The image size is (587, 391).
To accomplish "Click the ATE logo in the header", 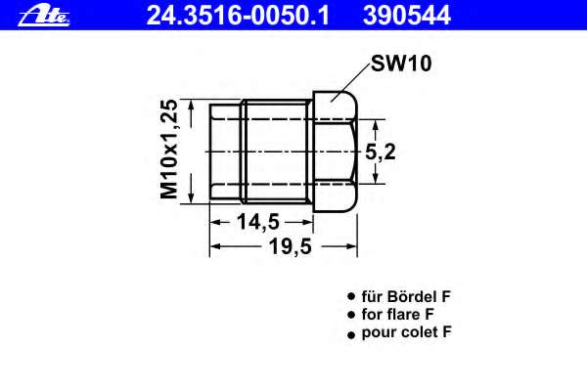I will click(30, 13).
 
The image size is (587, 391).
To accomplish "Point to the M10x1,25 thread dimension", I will click(173, 150).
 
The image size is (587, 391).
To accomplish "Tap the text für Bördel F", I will click(406, 296).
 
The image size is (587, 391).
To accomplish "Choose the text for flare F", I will click(397, 315).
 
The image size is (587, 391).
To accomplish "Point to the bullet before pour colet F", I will click(349, 334).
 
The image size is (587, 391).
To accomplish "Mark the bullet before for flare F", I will click(349, 316).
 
